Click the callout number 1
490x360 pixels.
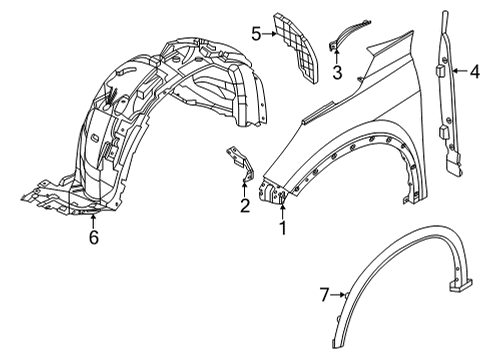tap(282, 229)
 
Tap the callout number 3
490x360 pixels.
tap(337, 72)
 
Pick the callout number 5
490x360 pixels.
tap(256, 33)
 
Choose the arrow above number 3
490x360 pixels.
tap(337, 55)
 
